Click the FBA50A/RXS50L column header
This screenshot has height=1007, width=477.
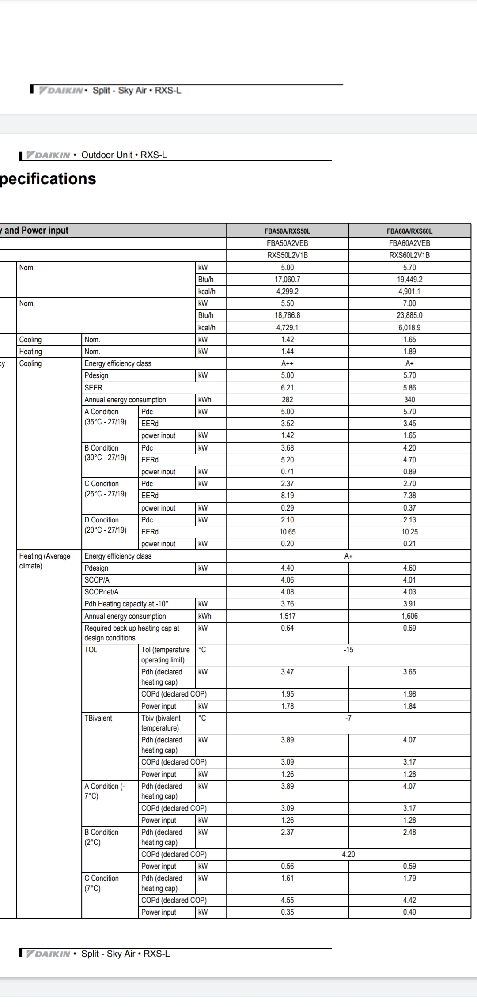pyautogui.click(x=287, y=231)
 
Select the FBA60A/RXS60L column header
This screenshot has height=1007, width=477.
pyautogui.click(x=409, y=231)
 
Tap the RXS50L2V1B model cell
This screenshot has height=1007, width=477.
pyautogui.click(x=287, y=255)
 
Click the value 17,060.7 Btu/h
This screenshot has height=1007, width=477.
pyautogui.click(x=287, y=280)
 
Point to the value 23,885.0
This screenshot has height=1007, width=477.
pyautogui.click(x=409, y=315)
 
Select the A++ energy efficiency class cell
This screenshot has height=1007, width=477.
pyautogui.click(x=287, y=363)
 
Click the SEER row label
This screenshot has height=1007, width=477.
pyautogui.click(x=94, y=388)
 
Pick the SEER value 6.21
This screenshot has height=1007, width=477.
pyautogui.click(x=287, y=388)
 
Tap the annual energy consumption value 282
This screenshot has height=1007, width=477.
pyautogui.click(x=287, y=400)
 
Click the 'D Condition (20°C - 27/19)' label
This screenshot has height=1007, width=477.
pyautogui.click(x=106, y=525)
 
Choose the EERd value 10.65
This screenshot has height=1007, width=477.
pyautogui.click(x=287, y=532)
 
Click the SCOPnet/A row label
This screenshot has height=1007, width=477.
pyautogui.click(x=102, y=592)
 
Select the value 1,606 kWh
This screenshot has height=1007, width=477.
pyautogui.click(x=409, y=616)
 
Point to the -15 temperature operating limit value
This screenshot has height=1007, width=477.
pyautogui.click(x=348, y=650)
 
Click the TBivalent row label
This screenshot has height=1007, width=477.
pyautogui.click(x=98, y=718)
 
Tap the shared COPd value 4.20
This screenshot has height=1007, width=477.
pyautogui.click(x=348, y=854)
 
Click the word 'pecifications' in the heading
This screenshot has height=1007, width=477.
pyautogui.click(x=48, y=179)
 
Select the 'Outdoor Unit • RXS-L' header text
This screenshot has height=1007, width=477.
pyautogui.click(x=124, y=155)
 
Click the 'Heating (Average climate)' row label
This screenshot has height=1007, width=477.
pyautogui.click(x=45, y=561)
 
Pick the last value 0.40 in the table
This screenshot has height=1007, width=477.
pyautogui.click(x=409, y=912)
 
